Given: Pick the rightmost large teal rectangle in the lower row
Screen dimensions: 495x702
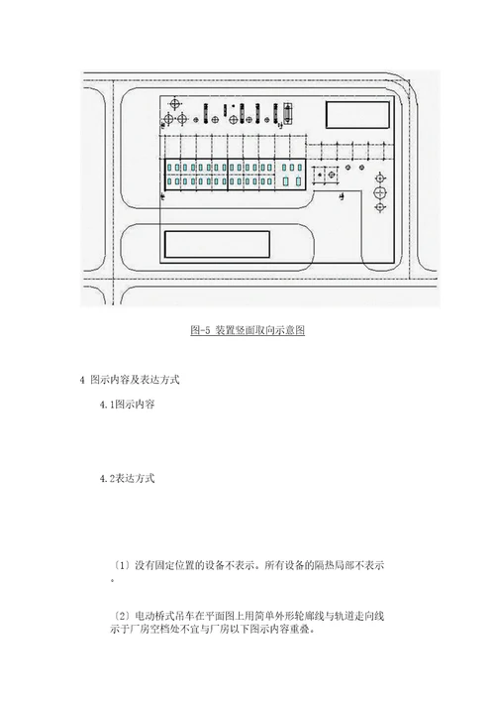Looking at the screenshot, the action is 299,181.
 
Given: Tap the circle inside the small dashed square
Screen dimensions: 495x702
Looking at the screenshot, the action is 332,175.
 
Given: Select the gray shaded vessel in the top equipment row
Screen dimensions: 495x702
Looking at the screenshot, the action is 287,114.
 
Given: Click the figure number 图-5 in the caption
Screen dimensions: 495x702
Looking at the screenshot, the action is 200,330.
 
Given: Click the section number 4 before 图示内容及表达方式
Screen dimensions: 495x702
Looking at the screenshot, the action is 82,380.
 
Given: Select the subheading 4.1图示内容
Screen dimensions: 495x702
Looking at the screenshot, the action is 127,405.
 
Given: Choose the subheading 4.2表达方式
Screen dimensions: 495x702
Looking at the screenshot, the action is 127,479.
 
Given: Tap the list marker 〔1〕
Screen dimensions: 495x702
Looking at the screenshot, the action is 121,565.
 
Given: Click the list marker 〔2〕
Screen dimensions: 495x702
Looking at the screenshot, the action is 121,617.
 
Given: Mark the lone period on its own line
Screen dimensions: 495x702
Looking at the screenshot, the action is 113,580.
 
